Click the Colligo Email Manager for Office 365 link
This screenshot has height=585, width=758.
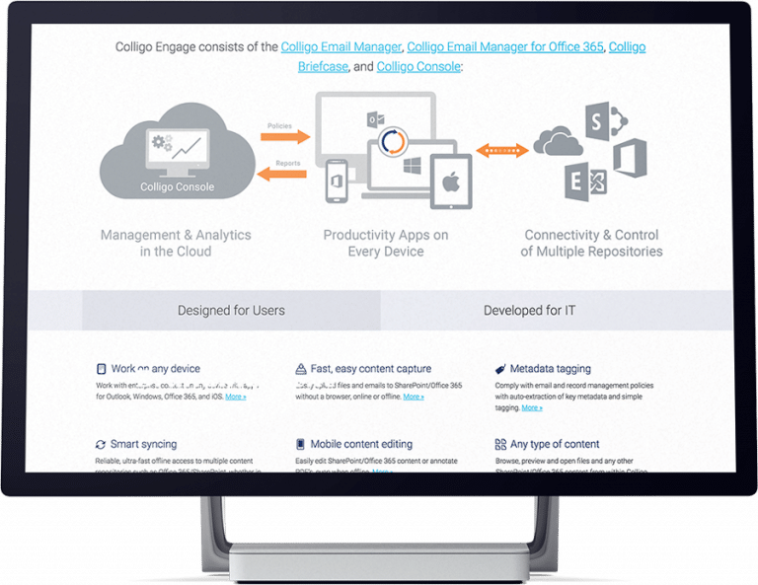505,47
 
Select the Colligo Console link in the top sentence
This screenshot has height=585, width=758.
418,66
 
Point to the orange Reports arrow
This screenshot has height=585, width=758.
283,174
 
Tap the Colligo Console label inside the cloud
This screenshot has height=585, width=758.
178,186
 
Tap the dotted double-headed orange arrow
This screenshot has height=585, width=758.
501,151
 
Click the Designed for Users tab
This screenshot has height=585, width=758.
231,311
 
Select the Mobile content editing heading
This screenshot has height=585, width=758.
361,445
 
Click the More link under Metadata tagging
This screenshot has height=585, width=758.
532,407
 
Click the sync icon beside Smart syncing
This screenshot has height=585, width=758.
101,445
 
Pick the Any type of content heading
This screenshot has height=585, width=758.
555,445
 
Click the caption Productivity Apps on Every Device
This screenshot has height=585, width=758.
385,243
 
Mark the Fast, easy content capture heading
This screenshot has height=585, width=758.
370,369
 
